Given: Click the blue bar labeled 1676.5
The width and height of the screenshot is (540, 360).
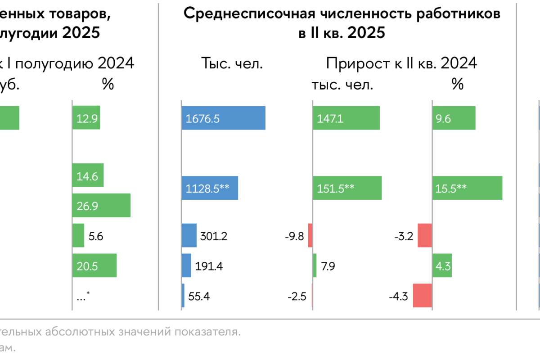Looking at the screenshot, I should [x=223, y=118].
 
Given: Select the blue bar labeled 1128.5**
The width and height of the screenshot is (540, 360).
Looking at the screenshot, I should [x=210, y=188].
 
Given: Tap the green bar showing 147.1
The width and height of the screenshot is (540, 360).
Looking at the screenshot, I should [x=346, y=118].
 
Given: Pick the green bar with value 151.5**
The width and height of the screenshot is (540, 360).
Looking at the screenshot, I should [x=347, y=188].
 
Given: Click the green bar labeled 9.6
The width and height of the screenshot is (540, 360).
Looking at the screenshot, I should [x=454, y=118].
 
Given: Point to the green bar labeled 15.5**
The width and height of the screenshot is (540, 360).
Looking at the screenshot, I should [x=467, y=188].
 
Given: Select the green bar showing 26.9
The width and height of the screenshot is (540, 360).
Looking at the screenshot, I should [x=101, y=206].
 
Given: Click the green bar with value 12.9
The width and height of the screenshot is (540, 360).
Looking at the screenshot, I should [x=86, y=118].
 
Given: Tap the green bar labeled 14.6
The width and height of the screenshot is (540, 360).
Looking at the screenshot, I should [x=88, y=175].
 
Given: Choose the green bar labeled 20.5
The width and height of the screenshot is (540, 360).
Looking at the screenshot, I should [x=94, y=265].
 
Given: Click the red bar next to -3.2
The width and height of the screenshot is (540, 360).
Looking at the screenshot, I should [x=424, y=235].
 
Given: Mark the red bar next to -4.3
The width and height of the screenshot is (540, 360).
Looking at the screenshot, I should [x=422, y=296].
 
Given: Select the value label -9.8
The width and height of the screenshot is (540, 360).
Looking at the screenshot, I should [x=295, y=236].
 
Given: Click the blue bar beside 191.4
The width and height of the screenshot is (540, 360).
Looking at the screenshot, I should [x=186, y=265].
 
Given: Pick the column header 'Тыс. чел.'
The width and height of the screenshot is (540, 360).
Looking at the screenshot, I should [x=231, y=63].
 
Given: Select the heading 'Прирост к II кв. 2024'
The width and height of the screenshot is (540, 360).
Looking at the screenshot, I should [x=401, y=63].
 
